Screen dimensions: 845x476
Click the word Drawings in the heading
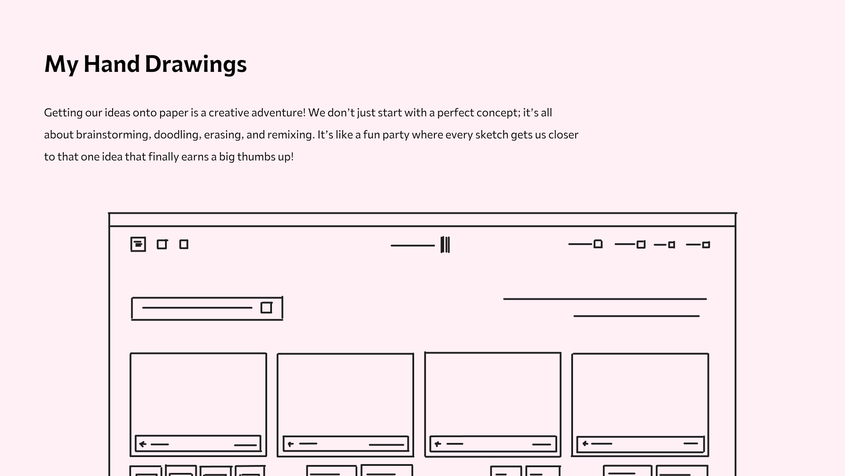[196, 65]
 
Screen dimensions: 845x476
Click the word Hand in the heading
[112, 64]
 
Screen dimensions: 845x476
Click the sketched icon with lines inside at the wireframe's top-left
[138, 244]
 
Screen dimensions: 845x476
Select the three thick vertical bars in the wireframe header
[445, 245]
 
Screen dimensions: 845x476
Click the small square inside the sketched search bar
[266, 308]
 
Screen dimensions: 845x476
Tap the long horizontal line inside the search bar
[197, 308]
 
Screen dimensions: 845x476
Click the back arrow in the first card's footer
[143, 444]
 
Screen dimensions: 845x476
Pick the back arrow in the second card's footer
[290, 444]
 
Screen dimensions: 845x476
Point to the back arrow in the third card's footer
[437, 444]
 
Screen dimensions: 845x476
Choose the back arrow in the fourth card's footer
[585, 443]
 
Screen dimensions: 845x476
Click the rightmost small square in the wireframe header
[706, 245]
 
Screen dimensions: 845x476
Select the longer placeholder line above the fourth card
[605, 299]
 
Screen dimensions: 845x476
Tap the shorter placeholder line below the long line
[636, 316]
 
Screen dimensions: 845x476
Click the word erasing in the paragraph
[223, 135]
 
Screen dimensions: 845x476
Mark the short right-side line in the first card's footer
[245, 445]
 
